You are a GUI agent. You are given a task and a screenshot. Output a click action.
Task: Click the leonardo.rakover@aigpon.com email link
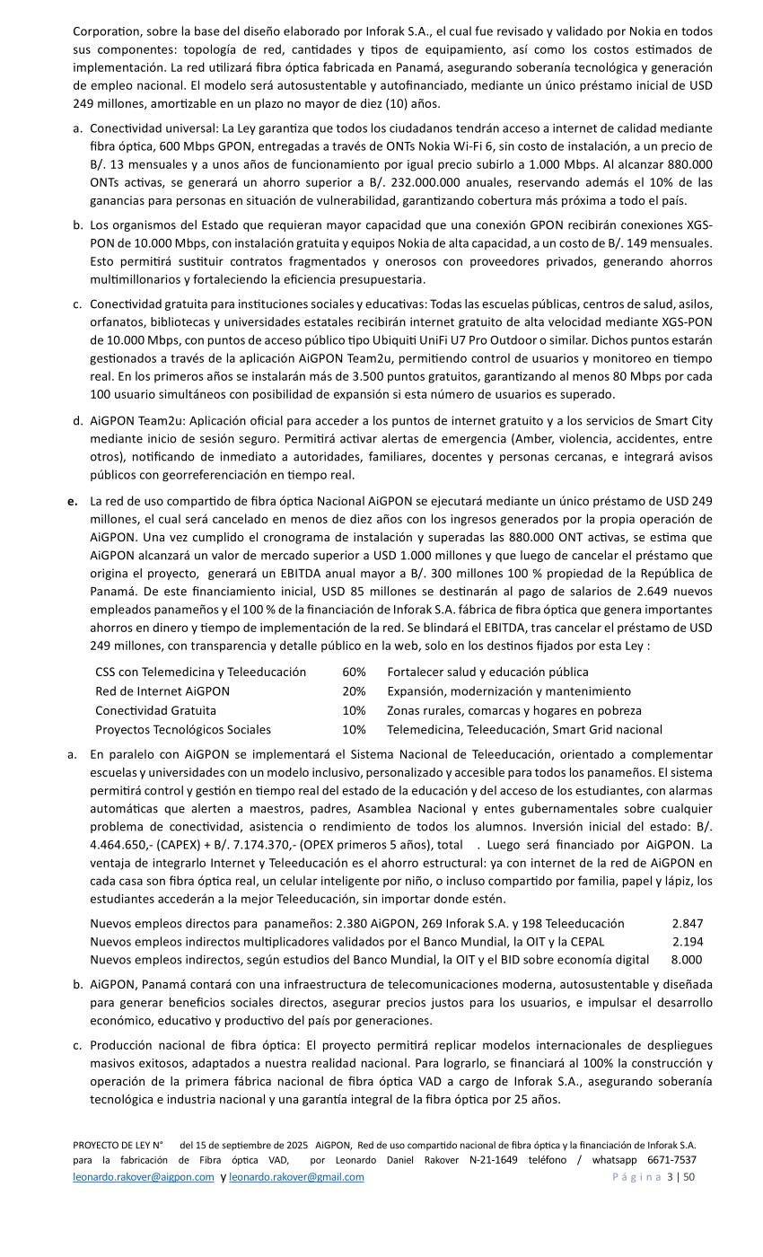click(144, 1177)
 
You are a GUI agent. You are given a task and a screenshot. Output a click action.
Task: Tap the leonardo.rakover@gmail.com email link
click(296, 1177)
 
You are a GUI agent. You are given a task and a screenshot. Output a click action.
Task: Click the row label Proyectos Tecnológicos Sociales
click(183, 730)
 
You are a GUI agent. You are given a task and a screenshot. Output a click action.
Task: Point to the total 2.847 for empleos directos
click(687, 923)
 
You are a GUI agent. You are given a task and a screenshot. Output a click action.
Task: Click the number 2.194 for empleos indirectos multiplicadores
click(688, 942)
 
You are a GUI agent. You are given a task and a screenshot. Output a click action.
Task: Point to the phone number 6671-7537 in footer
click(671, 1160)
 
